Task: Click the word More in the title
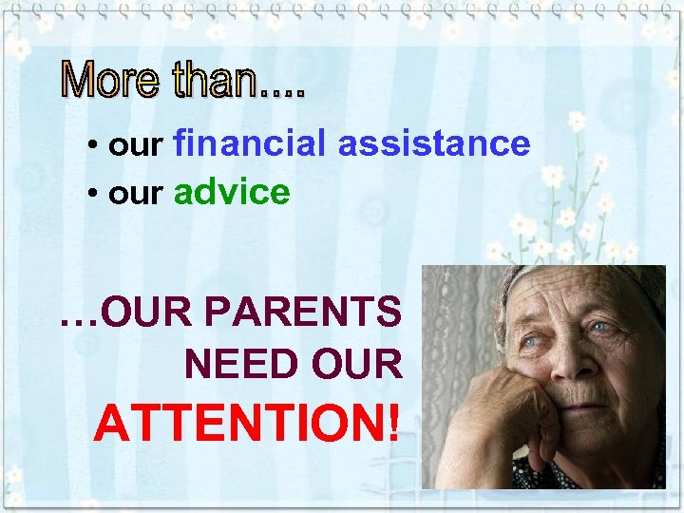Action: tap(112, 81)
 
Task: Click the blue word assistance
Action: tap(433, 143)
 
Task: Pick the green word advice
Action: tap(232, 193)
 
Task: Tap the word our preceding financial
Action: tap(138, 146)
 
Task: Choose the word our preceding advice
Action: tap(138, 196)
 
